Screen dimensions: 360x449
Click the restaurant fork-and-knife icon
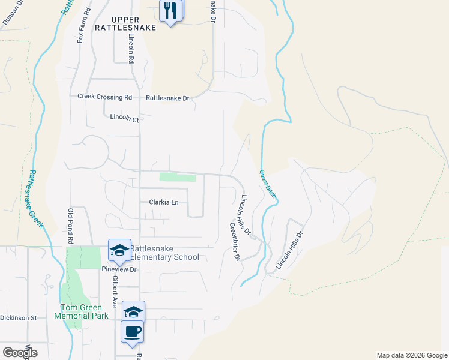tap(171, 10)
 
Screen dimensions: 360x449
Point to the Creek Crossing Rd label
tap(104, 97)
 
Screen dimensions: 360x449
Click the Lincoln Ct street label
tap(124, 119)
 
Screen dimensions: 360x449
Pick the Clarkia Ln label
tap(163, 202)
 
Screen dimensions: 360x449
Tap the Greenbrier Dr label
tap(235, 242)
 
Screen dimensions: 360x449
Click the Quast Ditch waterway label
tap(267, 184)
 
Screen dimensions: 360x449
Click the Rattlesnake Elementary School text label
tap(164, 253)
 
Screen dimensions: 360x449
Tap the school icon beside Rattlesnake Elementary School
tap(119, 250)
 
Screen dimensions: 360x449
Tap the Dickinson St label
tap(19, 317)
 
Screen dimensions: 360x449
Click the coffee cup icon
tap(132, 331)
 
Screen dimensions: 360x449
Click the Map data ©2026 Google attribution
tap(411, 355)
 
